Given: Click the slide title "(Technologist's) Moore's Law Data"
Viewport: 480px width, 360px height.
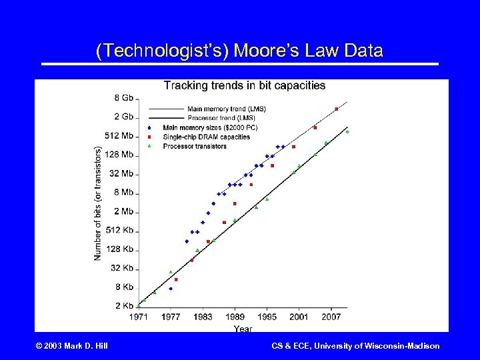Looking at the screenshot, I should [x=239, y=51].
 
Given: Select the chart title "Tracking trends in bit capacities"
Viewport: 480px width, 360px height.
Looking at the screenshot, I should [x=245, y=85].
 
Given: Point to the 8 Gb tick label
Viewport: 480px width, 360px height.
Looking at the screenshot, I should [x=124, y=98].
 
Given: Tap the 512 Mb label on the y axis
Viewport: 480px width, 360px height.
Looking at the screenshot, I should [x=119, y=136].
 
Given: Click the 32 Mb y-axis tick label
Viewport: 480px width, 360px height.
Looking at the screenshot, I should [x=121, y=174].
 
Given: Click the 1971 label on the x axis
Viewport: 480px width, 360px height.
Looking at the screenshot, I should [x=139, y=317].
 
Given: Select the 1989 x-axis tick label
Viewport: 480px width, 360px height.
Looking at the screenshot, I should [x=235, y=317].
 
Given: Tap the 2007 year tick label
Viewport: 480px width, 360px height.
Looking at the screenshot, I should [x=331, y=317].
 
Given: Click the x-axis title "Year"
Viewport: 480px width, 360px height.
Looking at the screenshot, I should [x=243, y=328].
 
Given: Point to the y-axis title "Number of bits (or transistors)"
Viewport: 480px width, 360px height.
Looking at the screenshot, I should [x=98, y=204].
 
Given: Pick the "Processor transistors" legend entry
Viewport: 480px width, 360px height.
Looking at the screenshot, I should [x=195, y=146].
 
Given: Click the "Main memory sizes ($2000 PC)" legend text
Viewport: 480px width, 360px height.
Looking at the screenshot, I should [x=210, y=127].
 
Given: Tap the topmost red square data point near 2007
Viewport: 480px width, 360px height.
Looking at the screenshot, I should [x=337, y=109].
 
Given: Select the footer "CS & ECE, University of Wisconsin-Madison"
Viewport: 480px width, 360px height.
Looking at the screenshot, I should [x=355, y=346].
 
